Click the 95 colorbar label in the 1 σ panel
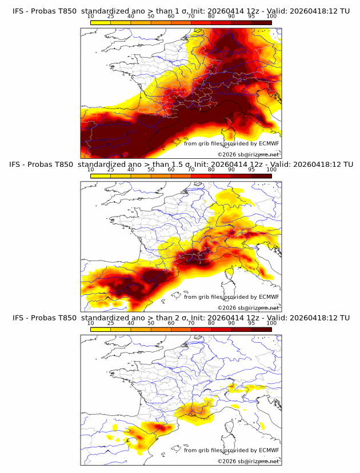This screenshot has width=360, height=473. click(251, 16)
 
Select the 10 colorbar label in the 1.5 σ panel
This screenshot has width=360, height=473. click(91, 170)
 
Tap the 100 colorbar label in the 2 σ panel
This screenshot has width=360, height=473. click(271, 323)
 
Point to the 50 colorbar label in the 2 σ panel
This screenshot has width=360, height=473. click(151, 323)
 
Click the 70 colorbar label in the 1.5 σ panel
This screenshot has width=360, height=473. click(191, 170)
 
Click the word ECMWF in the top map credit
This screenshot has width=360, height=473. click(269, 143)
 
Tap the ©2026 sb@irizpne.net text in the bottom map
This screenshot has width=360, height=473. click(249, 461)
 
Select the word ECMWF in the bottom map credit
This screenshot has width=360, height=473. click(269, 450)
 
